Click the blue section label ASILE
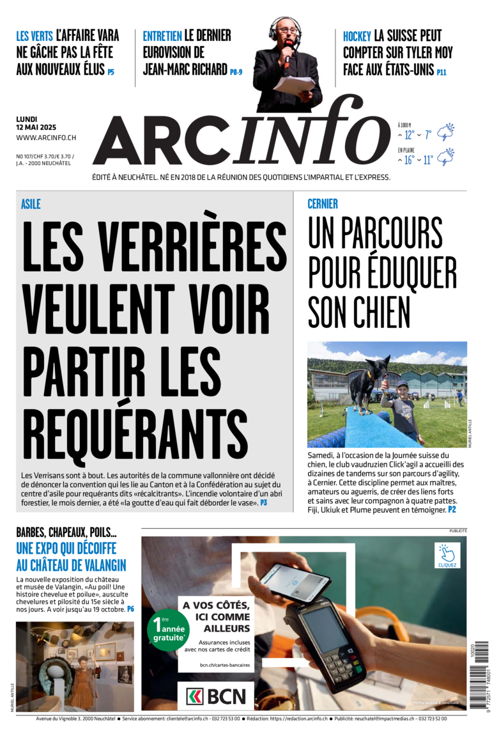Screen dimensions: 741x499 click(30, 204)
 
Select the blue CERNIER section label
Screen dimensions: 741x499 click(323, 204)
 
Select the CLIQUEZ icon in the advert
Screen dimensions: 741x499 click(447, 555)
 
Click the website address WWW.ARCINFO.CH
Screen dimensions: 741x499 click(46, 137)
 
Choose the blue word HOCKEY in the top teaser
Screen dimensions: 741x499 click(357, 36)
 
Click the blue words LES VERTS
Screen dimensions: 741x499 click(35, 36)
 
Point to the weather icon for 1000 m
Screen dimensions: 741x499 click(445, 132)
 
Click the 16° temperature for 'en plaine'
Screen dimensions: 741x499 click(408, 160)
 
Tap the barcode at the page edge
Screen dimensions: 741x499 click(479, 687)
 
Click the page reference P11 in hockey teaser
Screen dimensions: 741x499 click(441, 72)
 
